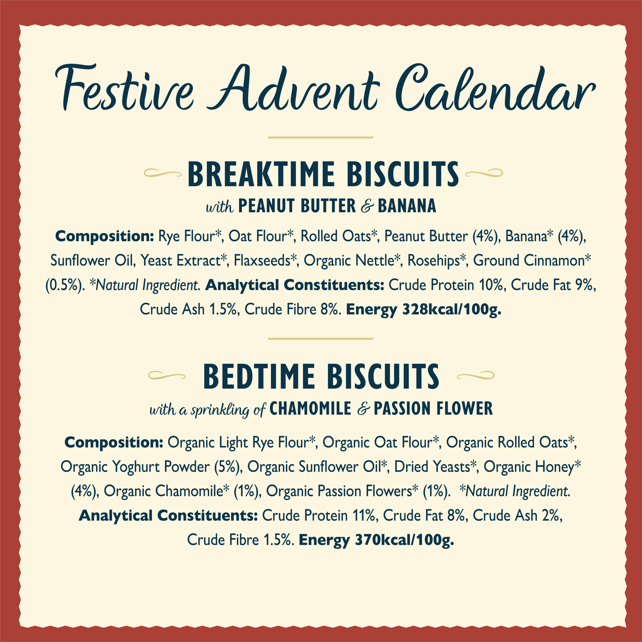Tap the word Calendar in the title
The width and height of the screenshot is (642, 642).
coord(495,88)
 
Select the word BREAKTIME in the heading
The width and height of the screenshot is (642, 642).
coord(261,174)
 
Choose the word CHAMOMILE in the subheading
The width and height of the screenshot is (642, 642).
coord(310,409)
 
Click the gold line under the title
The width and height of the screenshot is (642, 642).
coord(321,137)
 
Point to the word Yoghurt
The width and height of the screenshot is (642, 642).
coord(137,467)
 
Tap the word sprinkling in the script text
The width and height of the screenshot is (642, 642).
coord(220,410)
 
